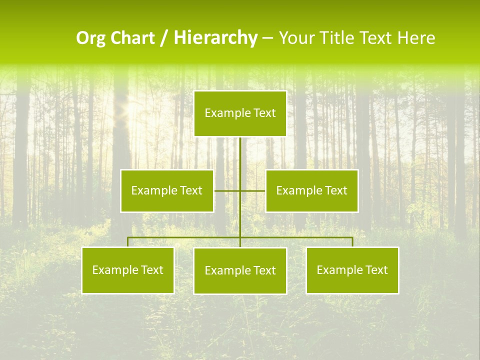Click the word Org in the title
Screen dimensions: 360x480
[x=90, y=38]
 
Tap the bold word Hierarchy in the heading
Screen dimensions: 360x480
[x=215, y=38]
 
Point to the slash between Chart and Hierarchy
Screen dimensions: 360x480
[x=164, y=38]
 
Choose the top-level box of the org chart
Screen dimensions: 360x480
[x=240, y=113]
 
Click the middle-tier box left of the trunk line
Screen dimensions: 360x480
[x=167, y=191]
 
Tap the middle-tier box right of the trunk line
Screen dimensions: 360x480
[x=311, y=191]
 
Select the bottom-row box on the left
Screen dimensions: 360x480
[x=128, y=270]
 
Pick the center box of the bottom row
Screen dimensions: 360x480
[x=240, y=271]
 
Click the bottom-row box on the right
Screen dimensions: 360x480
[x=352, y=270]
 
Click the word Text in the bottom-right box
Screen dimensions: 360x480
[x=377, y=270]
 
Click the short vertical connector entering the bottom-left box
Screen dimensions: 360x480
[x=128, y=242]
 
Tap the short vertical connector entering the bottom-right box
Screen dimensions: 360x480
[x=352, y=242]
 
